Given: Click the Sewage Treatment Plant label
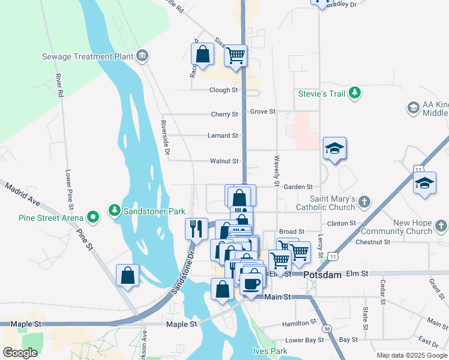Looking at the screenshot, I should tap(87, 57).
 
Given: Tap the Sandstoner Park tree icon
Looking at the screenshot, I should tap(115, 211).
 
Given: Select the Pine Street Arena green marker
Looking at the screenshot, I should tap(92, 216).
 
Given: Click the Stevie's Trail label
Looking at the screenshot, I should tap(324, 94).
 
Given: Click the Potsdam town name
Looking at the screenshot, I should tap(322, 275).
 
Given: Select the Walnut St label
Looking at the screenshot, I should tap(224, 161).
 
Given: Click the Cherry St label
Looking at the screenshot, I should tap(224, 114).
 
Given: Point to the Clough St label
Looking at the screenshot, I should tap(223, 90).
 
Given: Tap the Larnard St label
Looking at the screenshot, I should tap(223, 136).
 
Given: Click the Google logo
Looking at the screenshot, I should tap(20, 352).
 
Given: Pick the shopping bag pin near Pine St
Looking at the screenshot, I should tap(127, 276).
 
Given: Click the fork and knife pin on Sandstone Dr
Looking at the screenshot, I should tap(196, 229).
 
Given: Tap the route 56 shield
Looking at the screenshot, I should tap(327, 329).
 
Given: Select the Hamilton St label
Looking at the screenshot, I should tap(299, 323).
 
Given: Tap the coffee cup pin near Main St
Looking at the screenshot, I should tap(253, 285).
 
